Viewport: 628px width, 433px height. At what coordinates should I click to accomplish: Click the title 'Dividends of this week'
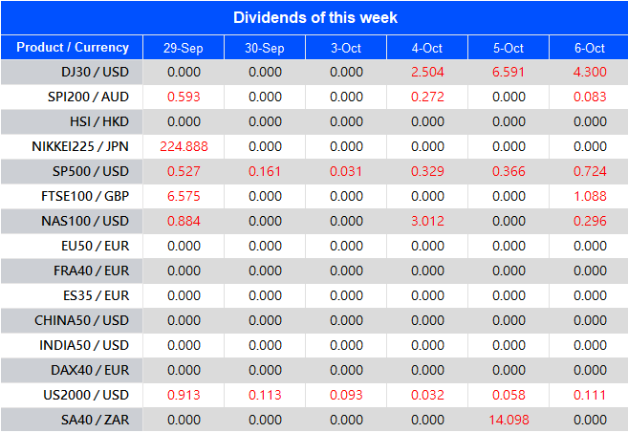[x=314, y=17]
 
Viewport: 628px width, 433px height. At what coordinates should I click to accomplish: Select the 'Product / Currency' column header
[x=73, y=48]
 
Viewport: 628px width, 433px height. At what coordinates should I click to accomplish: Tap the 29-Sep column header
[x=183, y=48]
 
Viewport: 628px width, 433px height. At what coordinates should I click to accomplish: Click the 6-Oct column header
[x=590, y=48]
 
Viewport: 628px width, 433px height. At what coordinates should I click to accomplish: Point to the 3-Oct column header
[x=346, y=48]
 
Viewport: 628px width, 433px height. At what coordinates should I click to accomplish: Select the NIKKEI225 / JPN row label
[x=80, y=146]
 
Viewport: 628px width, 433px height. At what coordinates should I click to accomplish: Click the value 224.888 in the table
[x=183, y=146]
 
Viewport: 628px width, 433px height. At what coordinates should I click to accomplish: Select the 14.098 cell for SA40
[x=509, y=420]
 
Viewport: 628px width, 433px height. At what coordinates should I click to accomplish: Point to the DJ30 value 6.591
[x=509, y=73]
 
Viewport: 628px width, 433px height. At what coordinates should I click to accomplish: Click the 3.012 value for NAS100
[x=427, y=221]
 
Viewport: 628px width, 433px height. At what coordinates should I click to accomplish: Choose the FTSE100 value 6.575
[x=183, y=196]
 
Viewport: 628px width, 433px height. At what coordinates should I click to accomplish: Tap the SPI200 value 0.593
[x=183, y=97]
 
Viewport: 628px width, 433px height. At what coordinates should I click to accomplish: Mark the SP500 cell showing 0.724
[x=590, y=171]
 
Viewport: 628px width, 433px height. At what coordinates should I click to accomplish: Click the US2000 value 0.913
[x=183, y=395]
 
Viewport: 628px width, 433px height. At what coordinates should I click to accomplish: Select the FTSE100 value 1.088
[x=590, y=196]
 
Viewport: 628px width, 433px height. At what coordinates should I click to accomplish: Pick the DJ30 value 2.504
[x=427, y=73]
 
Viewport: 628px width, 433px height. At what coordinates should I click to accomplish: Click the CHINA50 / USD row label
[x=81, y=320]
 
